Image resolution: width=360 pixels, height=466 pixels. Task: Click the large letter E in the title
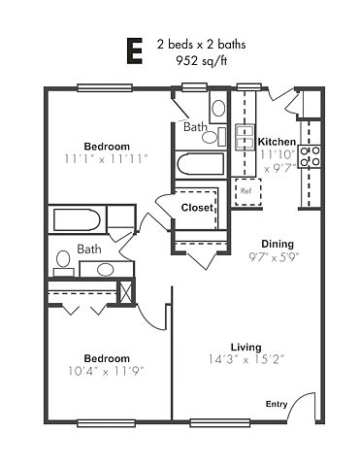tap(134, 50)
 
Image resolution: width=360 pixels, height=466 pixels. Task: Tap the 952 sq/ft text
tap(201, 60)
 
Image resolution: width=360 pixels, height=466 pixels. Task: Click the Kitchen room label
tap(277, 142)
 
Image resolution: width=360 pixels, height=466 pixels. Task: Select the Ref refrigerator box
tap(248, 191)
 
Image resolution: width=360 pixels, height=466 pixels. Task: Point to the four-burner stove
tap(310, 156)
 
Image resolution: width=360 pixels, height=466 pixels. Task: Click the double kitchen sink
tap(245, 138)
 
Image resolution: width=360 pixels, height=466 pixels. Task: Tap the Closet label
tap(197, 208)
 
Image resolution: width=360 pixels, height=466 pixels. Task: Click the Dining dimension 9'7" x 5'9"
tap(274, 257)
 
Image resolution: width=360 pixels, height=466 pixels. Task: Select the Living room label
tap(245, 348)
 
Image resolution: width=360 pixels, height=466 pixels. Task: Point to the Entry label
tap(277, 404)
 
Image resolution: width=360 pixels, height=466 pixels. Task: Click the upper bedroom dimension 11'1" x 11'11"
tap(107, 159)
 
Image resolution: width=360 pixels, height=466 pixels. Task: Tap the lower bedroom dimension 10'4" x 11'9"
tap(106, 371)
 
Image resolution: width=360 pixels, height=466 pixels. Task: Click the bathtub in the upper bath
tap(200, 164)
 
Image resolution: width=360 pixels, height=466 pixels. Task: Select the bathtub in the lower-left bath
tap(77, 219)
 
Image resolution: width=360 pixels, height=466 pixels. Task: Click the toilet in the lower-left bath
tap(63, 263)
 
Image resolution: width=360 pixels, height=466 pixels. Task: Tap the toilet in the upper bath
tap(213, 136)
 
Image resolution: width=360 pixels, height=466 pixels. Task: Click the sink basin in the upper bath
tap(218, 108)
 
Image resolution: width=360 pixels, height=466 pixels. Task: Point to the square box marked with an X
tap(125, 292)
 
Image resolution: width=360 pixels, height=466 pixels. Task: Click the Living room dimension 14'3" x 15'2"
tap(245, 359)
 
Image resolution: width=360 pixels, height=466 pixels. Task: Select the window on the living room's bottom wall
tap(220, 423)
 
